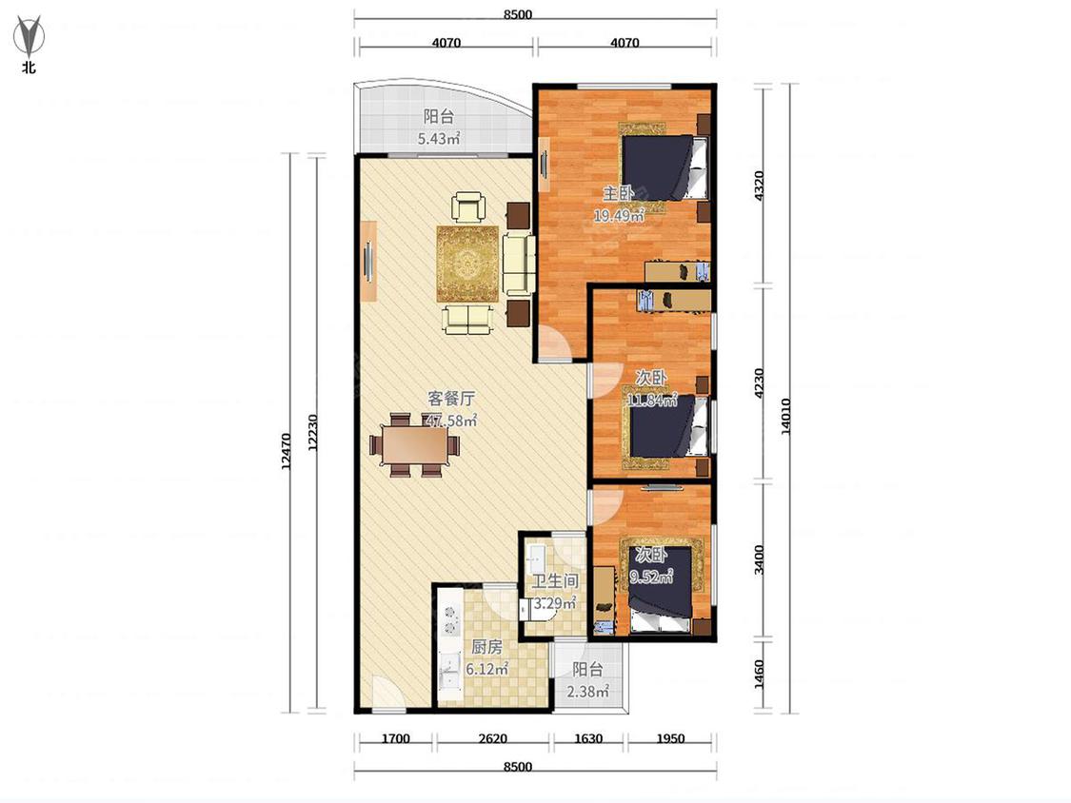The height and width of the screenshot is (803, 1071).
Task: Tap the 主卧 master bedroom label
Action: [x=619, y=193]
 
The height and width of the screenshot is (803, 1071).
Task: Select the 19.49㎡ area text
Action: [x=620, y=216]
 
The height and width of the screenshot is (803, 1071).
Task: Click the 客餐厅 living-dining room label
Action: [x=451, y=399]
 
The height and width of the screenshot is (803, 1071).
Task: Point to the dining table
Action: [x=415, y=445]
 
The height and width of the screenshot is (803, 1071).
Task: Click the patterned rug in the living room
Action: [x=467, y=263]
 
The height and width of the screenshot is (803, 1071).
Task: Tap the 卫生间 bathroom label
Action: [x=555, y=581]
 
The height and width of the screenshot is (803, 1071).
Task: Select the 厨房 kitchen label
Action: [x=487, y=647]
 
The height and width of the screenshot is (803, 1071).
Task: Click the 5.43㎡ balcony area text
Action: [x=439, y=139]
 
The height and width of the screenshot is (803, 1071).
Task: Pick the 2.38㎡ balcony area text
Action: [x=587, y=692]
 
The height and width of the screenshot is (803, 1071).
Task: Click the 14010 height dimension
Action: [x=785, y=416]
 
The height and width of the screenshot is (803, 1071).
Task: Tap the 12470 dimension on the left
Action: [x=287, y=451]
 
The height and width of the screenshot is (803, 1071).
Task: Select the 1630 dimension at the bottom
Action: [x=588, y=738]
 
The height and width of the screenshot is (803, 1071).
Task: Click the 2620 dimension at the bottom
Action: [x=493, y=738]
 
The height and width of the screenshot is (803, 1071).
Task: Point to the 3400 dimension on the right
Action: [x=759, y=559]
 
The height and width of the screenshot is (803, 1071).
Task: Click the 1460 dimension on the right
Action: [x=759, y=674]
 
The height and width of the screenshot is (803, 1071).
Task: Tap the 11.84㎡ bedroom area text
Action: [x=651, y=401]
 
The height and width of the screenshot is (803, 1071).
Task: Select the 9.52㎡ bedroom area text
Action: [x=651, y=578]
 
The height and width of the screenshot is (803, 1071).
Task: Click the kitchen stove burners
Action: [x=451, y=618]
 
